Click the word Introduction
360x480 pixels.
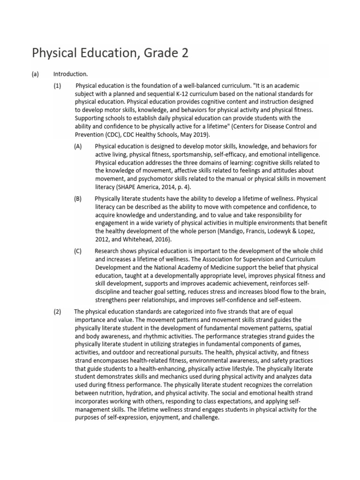(x=70, y=74)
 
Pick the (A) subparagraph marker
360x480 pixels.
(x=78, y=146)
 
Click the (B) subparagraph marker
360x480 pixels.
(x=78, y=198)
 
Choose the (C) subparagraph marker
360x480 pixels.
(x=78, y=251)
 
